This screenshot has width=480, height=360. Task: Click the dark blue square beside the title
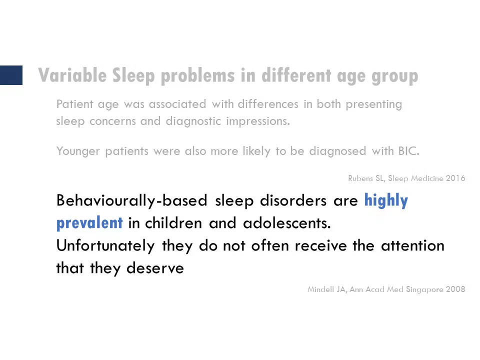(11, 75)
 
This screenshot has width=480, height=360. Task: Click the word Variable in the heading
(72, 75)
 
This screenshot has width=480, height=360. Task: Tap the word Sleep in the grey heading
(133, 76)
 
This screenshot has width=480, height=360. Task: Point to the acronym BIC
(408, 151)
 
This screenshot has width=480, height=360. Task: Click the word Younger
(78, 151)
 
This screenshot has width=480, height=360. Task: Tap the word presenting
(374, 104)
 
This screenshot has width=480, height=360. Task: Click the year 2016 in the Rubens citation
(455, 178)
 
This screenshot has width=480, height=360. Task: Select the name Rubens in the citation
(360, 178)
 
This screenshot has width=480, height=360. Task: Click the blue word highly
(386, 201)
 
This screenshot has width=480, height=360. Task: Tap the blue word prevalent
(89, 223)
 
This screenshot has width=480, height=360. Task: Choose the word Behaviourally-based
(132, 201)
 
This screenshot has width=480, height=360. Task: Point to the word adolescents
(287, 223)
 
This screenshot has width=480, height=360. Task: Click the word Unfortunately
(105, 246)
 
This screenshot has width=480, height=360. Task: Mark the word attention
(412, 246)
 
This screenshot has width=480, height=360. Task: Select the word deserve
(155, 268)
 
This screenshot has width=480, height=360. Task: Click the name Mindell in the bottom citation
(321, 289)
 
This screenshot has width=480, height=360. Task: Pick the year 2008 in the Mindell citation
(455, 289)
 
